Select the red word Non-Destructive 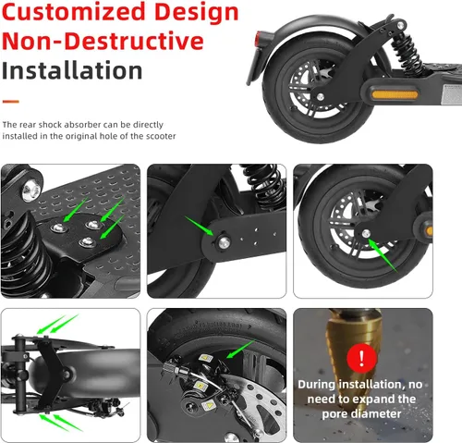coord(102,42)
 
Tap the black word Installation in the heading coord(72,71)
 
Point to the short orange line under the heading coord(11,100)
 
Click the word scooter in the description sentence coord(157,136)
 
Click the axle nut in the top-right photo coord(368,233)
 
